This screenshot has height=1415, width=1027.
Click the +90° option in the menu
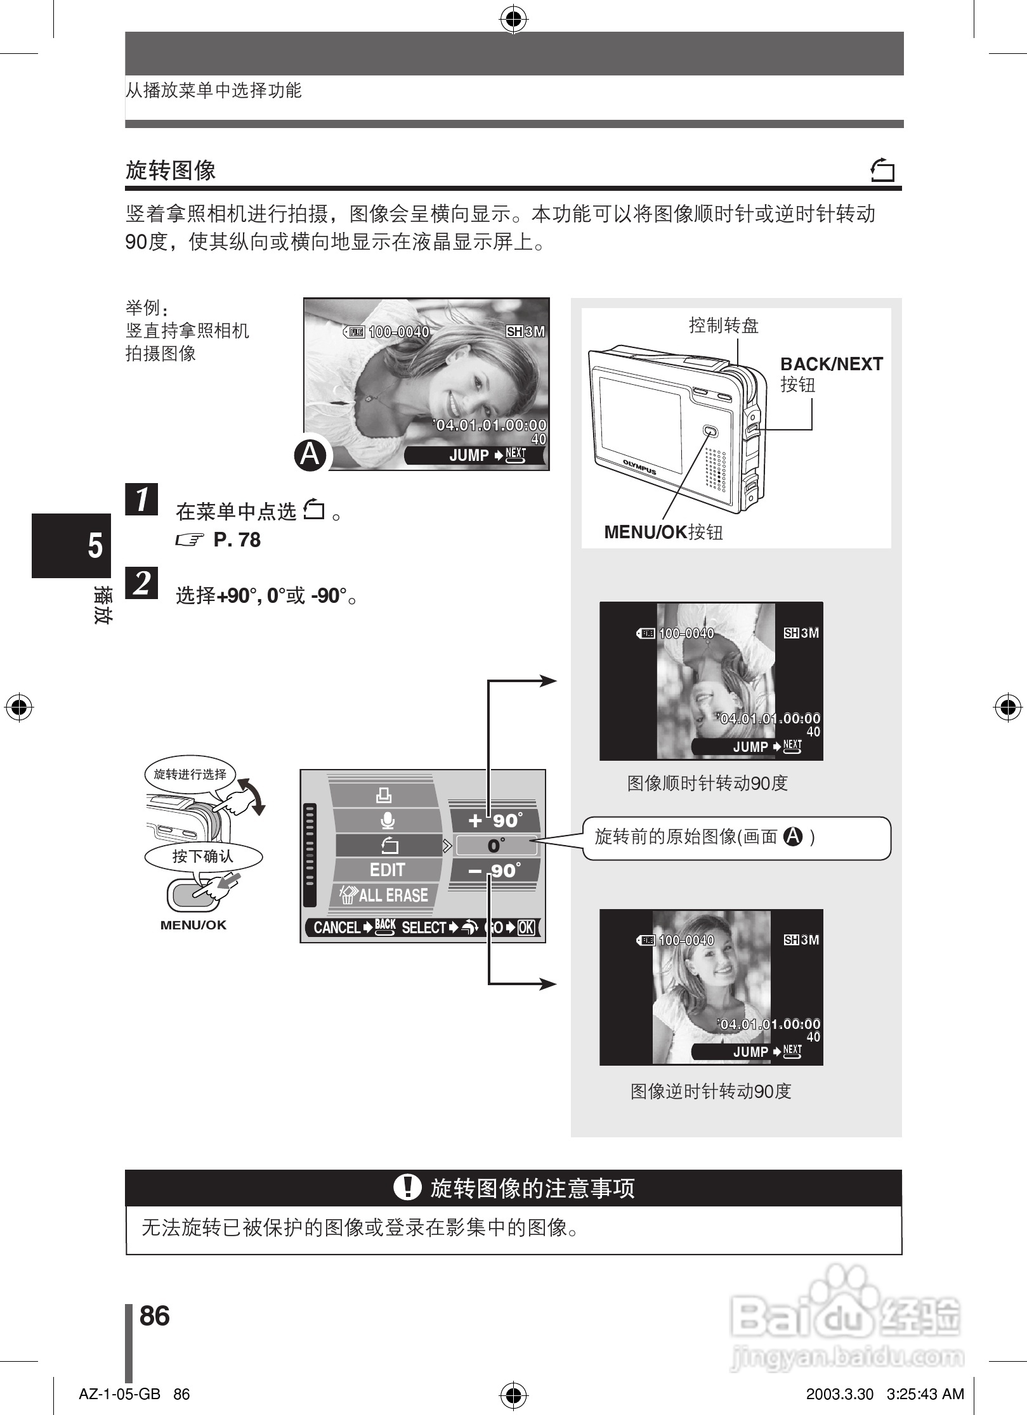coord(495,820)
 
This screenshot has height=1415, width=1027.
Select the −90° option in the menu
coord(495,870)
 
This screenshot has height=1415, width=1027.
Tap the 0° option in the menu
coord(496,846)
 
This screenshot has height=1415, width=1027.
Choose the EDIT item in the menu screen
coord(387,870)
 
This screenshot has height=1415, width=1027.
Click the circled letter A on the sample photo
coord(310,455)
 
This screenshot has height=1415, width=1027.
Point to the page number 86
coord(155,1316)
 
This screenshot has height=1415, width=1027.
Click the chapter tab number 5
coord(95,545)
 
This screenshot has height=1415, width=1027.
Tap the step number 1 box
coord(141,499)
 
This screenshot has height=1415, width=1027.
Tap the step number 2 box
coord(141,583)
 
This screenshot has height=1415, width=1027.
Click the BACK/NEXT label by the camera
coord(831,365)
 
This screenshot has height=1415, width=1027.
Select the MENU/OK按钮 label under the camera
coord(664,532)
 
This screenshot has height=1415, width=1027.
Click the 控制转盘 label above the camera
coord(724,326)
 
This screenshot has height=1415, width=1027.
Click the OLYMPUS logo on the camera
coord(639,467)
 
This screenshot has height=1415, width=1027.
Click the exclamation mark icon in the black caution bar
coord(407,1187)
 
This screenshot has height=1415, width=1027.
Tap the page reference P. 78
coord(237,540)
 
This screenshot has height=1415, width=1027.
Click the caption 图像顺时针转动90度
coord(707,784)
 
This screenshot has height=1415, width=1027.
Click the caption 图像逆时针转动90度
coord(710,1092)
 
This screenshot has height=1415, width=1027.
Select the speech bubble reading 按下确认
coord(203,856)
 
